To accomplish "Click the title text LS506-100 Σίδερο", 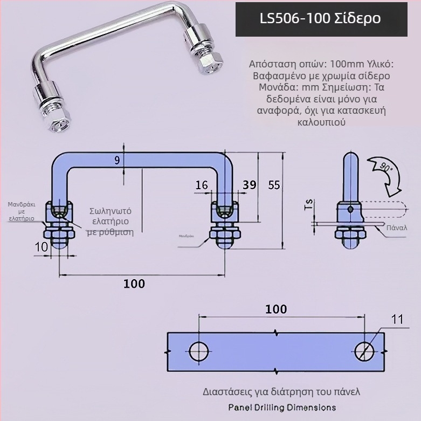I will point(320,18).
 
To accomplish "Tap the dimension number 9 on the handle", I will point(118,160).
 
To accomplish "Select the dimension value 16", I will point(202,185).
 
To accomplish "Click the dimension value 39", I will point(249,185).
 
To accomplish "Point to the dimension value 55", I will point(274,185).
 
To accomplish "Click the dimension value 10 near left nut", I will point(42,246).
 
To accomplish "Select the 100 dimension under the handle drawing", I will point(134,284).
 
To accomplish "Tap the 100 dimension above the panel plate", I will point(276,309).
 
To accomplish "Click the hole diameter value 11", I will point(397,320).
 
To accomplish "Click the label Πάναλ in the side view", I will point(397,228).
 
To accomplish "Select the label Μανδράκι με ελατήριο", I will point(22,211).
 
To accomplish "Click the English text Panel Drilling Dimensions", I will point(281,408).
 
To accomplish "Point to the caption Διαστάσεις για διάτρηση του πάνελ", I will point(281,392).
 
